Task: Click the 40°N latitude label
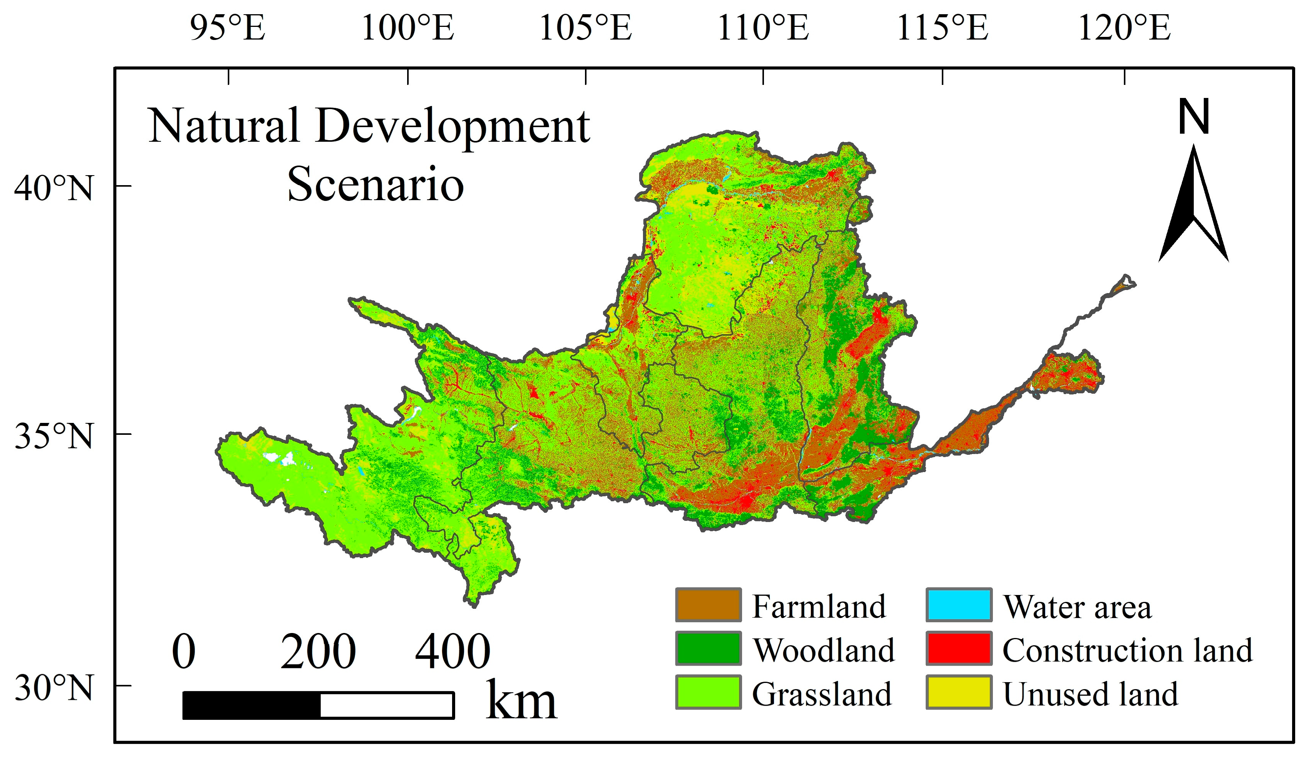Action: point(53,188)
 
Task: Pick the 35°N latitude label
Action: point(53,436)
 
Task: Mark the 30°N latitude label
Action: point(53,688)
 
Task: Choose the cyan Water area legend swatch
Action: point(959,605)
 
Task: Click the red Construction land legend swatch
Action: point(959,648)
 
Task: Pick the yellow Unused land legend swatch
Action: point(959,692)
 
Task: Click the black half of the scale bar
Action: point(252,706)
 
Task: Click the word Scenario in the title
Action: point(375,184)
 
